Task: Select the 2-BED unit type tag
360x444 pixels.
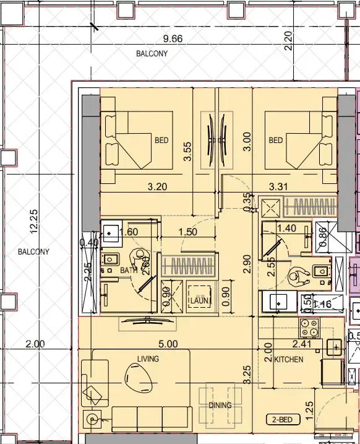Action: click(283, 419)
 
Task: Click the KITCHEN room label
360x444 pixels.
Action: click(289, 359)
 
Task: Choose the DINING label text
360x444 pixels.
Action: click(220, 406)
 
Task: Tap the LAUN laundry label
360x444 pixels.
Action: click(200, 301)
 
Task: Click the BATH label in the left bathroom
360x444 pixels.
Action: click(129, 271)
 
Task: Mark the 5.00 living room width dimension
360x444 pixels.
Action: click(168, 344)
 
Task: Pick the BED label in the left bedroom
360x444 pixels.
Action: click(161, 141)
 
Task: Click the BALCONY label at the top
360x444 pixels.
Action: click(152, 54)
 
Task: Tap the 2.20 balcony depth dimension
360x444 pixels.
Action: click(287, 39)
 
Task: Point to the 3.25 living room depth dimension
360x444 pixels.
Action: click(246, 372)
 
